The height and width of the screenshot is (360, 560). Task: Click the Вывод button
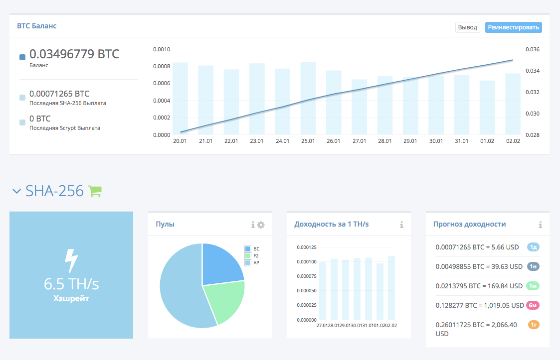pos(467,27)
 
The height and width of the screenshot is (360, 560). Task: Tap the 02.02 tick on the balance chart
pos(513,141)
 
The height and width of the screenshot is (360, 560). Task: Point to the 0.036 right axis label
pos(533,49)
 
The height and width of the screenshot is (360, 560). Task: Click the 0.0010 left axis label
pos(162,49)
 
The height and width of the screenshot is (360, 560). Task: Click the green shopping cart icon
pos(95,191)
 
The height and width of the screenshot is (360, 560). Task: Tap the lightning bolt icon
pos(71,260)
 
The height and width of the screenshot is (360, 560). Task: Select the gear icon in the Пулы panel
pos(261,225)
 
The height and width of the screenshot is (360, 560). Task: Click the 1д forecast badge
pos(533,247)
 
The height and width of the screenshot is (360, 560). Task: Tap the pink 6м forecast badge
pos(533,305)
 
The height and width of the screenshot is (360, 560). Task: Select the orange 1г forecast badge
pos(533,325)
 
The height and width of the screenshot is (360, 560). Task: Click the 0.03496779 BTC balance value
pos(74,54)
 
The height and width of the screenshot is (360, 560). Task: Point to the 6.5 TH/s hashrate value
pos(71,284)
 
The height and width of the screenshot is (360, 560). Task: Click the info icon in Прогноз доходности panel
pos(540,225)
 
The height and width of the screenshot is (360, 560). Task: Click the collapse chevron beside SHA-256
pos(17,191)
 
